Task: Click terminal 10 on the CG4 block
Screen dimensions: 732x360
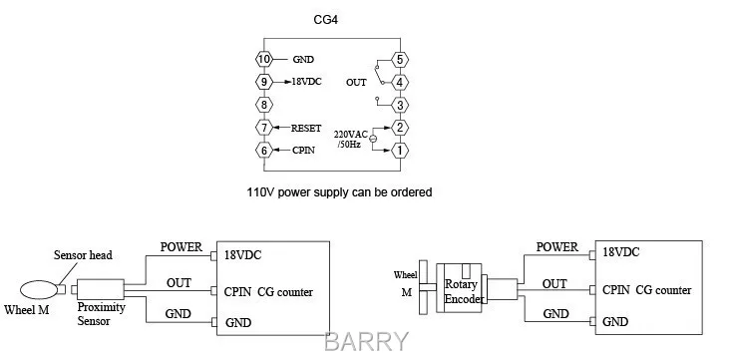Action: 264,59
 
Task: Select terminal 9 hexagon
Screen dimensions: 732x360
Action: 264,82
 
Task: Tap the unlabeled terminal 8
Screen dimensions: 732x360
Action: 264,105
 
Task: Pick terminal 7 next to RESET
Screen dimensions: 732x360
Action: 264,128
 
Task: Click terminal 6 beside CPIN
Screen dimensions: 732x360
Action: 264,151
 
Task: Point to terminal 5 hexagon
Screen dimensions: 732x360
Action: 400,59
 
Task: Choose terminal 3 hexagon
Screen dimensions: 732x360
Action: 400,105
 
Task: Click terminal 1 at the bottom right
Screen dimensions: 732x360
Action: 400,151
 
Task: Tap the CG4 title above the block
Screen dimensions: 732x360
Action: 326,21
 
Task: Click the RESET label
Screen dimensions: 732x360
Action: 306,128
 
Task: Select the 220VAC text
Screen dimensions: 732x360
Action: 351,135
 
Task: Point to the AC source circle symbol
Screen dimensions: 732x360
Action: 373,139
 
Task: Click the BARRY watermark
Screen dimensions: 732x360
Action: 366,342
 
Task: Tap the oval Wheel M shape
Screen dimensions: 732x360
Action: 39,290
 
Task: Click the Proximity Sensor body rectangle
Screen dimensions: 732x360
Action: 101,289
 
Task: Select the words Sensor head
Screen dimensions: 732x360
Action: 83,255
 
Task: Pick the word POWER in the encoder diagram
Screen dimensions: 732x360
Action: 557,246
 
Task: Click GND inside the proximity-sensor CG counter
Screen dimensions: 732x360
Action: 238,323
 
